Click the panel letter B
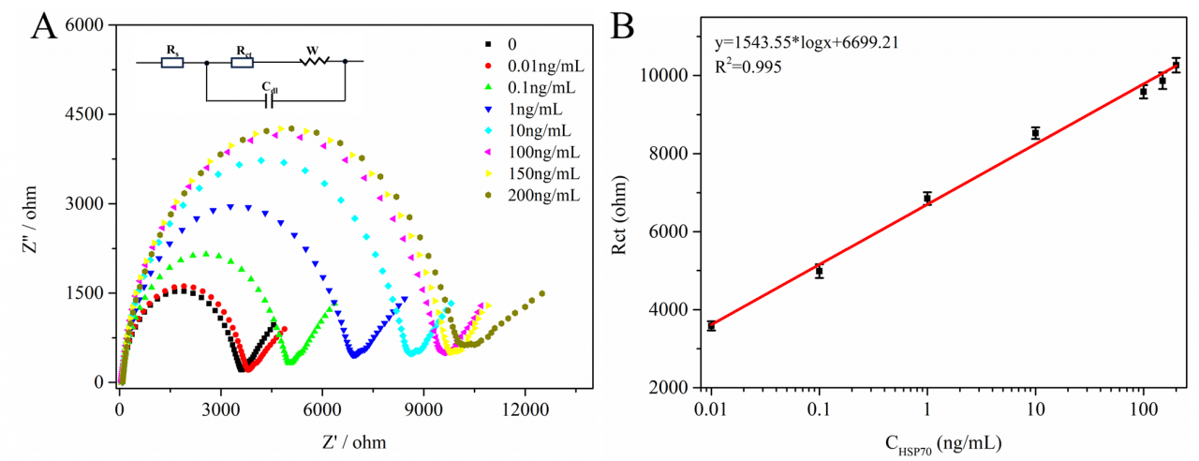point(624,25)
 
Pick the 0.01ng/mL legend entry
point(544,66)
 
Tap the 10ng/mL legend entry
point(539,131)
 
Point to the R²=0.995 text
point(748,67)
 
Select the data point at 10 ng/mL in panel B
point(1035,133)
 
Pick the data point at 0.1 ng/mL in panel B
point(819,272)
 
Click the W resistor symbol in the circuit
point(315,62)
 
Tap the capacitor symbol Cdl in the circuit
point(269,99)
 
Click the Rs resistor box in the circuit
point(172,62)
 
